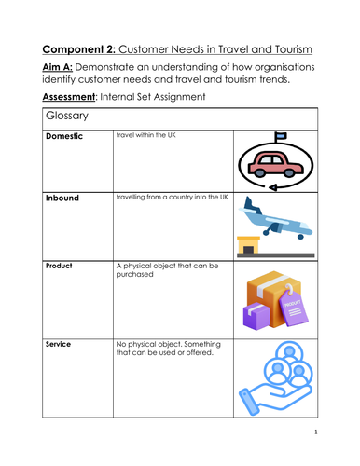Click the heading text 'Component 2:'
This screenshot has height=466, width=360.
(87, 50)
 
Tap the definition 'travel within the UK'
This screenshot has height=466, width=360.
(146, 136)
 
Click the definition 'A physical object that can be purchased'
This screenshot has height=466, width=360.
(166, 269)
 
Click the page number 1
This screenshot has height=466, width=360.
(316, 432)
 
